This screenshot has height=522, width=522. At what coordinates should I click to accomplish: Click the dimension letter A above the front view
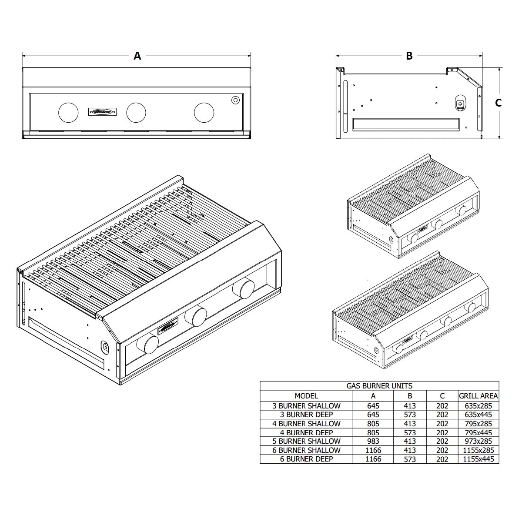pos(137,56)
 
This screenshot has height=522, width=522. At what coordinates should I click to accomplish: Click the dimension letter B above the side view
pos(409,56)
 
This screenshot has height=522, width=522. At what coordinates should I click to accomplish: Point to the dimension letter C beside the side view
pos(499,103)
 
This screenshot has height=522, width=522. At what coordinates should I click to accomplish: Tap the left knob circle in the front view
pos(68,113)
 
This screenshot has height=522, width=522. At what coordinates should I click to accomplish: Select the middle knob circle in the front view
pos(136,113)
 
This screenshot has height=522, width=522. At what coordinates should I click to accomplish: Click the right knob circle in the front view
pos(204,113)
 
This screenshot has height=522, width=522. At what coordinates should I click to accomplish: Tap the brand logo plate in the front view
pos(103,112)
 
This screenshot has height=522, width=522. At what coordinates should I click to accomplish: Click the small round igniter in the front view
pos(235,100)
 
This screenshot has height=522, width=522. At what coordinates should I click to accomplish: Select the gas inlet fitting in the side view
pos(459,103)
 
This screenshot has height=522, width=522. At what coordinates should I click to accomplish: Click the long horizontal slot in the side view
pos(406,124)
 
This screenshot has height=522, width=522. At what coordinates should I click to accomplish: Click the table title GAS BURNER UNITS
pos(379,386)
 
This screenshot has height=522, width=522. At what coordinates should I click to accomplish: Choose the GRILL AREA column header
pos(478,396)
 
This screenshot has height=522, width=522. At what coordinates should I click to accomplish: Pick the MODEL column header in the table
pos(306,396)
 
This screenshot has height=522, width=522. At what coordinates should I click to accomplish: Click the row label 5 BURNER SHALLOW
pos(306,441)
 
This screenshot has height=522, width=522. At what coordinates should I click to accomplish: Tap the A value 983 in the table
pos(373,441)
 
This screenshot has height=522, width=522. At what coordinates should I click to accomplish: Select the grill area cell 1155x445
pos(478,459)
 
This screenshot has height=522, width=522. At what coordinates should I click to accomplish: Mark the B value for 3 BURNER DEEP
pos(410,415)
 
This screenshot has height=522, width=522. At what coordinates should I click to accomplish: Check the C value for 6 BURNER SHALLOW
pos(442,450)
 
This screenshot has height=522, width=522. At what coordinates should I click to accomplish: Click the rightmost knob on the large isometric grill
pos(244,288)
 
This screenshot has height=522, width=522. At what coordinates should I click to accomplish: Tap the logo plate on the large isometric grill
pos(168,326)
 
